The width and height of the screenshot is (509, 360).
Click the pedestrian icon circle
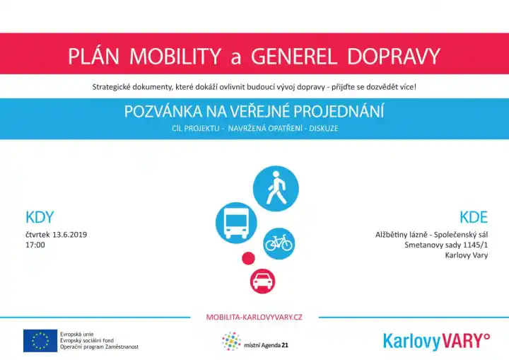click(x=276, y=188)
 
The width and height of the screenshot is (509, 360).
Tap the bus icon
click(x=236, y=223)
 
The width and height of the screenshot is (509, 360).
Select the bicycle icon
click(x=279, y=244)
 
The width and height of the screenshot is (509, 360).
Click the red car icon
click(x=262, y=281)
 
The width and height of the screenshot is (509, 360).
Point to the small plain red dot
click(x=248, y=258)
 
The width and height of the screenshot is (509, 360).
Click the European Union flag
click(x=40, y=340)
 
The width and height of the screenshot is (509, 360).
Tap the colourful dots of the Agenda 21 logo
click(x=231, y=342)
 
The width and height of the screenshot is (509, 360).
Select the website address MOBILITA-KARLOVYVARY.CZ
click(x=255, y=317)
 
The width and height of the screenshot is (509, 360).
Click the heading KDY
click(x=40, y=217)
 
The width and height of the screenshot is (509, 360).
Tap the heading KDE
click(x=474, y=217)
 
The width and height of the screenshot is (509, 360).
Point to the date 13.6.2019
click(x=69, y=235)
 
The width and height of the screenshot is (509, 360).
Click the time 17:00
click(x=35, y=245)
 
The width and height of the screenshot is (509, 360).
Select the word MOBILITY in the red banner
click(x=175, y=56)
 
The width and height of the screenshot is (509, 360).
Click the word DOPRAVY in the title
click(x=394, y=56)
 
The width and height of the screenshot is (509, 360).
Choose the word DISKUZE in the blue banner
click(x=324, y=128)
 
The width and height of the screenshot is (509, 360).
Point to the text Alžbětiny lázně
click(x=401, y=235)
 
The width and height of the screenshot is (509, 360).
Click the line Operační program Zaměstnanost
click(x=100, y=347)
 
